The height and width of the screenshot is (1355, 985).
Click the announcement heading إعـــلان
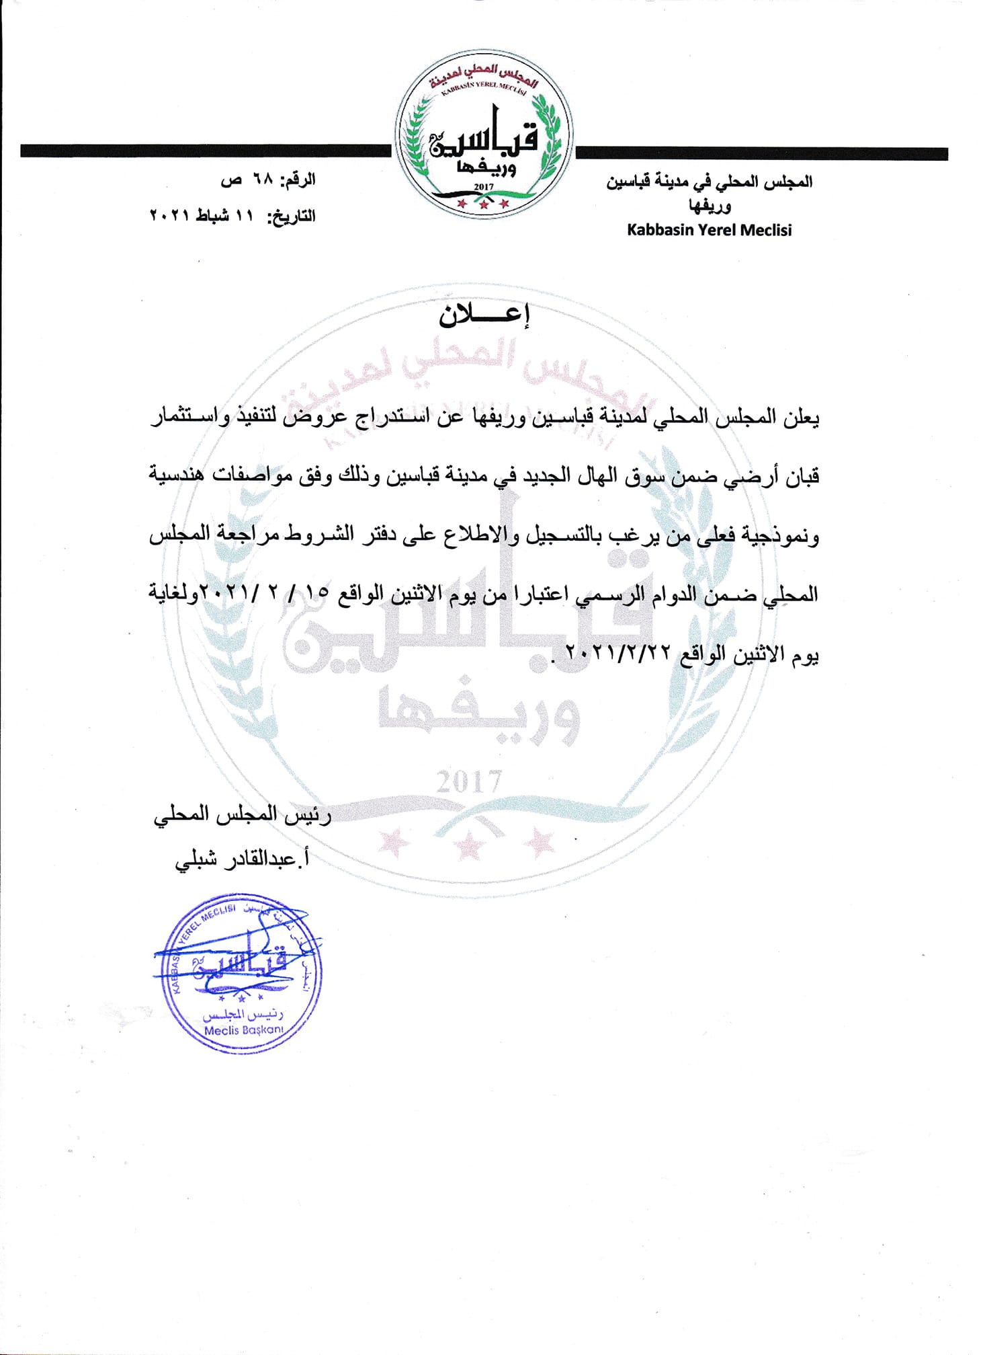click(484, 316)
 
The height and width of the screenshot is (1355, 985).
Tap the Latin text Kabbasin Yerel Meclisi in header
click(709, 230)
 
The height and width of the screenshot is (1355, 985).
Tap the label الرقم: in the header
click(296, 180)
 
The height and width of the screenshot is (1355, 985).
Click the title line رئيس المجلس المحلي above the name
click(243, 815)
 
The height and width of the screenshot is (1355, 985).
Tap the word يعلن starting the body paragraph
click(802, 417)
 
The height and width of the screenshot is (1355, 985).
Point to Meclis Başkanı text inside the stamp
click(243, 1030)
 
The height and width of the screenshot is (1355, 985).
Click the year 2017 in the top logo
click(484, 186)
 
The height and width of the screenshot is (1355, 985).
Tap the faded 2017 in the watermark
click(470, 782)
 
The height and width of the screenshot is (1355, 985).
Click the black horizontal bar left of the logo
click(205, 151)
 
